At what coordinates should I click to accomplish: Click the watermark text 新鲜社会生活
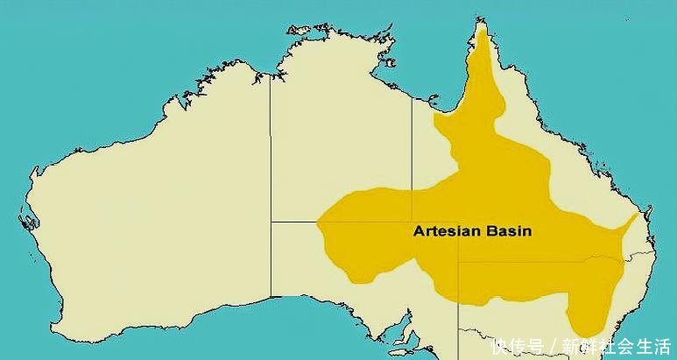pos(615,345)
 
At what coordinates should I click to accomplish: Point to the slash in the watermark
pos(552,345)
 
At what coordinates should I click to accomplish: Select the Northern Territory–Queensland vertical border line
pos(413,158)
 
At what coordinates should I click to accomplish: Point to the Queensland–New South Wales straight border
pos(543,261)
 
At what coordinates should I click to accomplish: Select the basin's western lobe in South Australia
pos(350,245)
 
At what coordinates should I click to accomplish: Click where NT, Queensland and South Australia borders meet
pos(413,222)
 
